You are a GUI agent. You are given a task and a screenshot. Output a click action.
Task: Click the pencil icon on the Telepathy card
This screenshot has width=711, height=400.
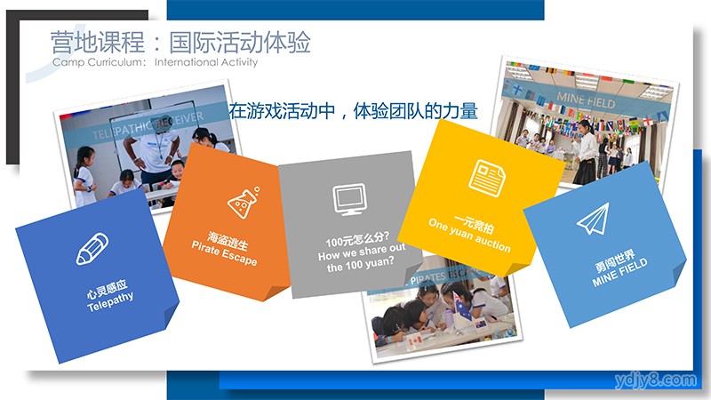pyautogui.click(x=92, y=249)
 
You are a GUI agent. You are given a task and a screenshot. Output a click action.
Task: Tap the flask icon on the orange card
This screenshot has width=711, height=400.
pyautogui.click(x=244, y=203)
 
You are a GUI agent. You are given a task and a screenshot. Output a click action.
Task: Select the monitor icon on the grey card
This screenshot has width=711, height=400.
pyautogui.click(x=348, y=198)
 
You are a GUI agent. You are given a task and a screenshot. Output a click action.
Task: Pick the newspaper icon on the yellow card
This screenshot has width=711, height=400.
pyautogui.click(x=487, y=179)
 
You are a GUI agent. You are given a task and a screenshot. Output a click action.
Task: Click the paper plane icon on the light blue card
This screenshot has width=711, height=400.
pyautogui.click(x=593, y=219)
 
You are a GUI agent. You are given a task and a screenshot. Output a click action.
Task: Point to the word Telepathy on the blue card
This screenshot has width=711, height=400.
pyautogui.click(x=110, y=301)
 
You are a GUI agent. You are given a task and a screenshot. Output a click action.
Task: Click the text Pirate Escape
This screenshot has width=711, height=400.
pyautogui.click(x=224, y=253)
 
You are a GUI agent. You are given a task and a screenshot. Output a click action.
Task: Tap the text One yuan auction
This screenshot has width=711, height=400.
pyautogui.click(x=469, y=236)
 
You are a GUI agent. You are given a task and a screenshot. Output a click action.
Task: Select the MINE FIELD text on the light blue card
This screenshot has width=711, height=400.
pyautogui.click(x=619, y=272)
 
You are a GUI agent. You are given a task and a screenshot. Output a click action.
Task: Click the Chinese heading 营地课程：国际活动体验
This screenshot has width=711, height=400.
pyautogui.click(x=180, y=42)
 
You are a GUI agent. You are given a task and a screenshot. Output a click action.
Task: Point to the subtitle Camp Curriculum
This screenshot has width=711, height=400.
pyautogui.click(x=99, y=62)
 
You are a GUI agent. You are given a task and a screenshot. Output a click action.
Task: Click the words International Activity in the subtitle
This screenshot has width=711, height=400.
pyautogui.click(x=206, y=62)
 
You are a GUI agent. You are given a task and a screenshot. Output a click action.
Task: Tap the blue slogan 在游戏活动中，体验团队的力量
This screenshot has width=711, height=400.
pyautogui.click(x=353, y=111)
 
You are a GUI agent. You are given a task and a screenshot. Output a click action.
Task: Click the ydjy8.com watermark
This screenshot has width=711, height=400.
pyautogui.click(x=655, y=380)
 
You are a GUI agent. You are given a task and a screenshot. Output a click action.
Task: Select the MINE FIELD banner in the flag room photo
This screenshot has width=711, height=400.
pyautogui.click(x=586, y=100)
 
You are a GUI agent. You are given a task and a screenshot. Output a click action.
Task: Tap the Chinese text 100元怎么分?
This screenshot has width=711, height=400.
pyautogui.click(x=357, y=239)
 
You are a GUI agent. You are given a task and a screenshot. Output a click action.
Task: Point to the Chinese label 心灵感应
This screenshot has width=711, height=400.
pyautogui.click(x=107, y=290)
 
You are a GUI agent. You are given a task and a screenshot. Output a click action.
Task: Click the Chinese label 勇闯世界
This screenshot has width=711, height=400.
pyautogui.click(x=614, y=260)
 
